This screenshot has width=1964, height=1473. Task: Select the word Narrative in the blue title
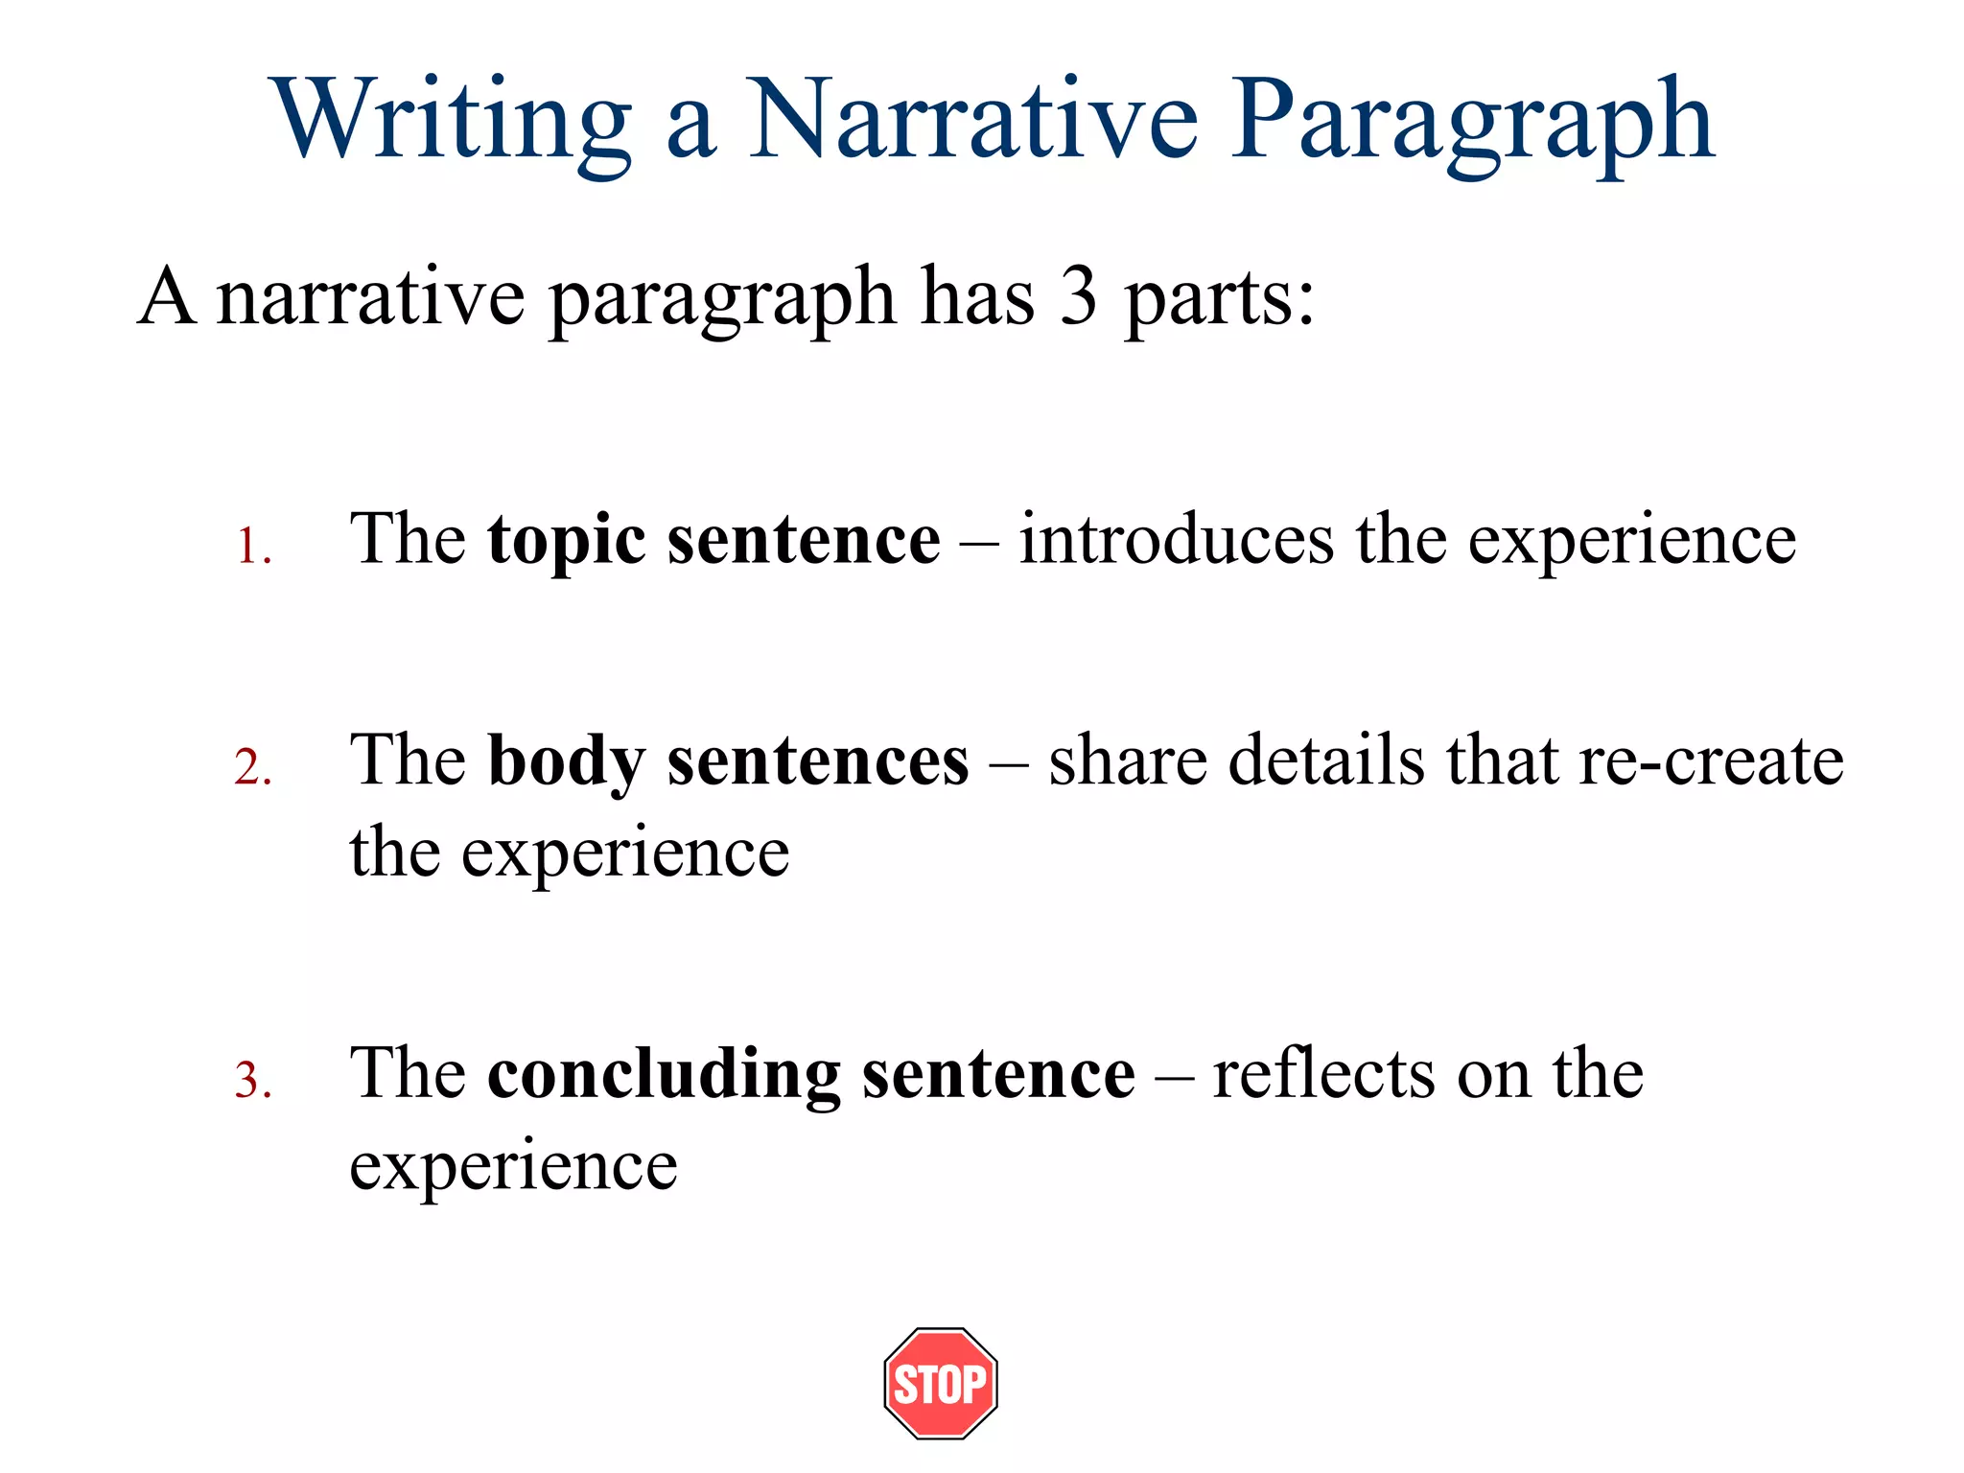point(972,119)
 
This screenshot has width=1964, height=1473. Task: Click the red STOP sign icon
point(941,1383)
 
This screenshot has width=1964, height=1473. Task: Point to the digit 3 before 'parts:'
point(1078,297)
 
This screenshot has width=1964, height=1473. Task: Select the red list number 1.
point(251,547)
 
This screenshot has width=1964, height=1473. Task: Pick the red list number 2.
point(251,767)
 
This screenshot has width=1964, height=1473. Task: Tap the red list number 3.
point(251,1081)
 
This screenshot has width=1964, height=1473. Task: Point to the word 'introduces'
point(1176,540)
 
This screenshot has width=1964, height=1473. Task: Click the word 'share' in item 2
point(1127,760)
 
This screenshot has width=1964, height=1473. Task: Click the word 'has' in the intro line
point(978,297)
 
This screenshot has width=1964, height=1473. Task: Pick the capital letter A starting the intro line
point(168,297)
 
